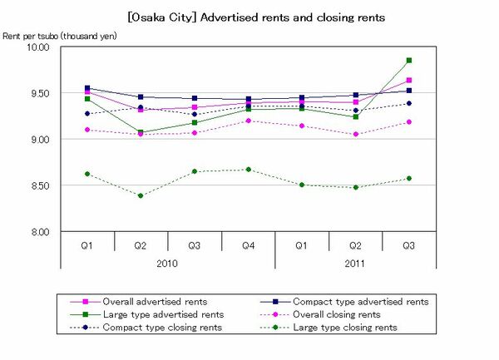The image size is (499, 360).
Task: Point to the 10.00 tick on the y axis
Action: tap(39, 47)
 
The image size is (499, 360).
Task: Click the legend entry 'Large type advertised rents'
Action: tap(161, 314)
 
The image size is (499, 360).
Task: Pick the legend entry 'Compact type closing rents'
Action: tap(159, 328)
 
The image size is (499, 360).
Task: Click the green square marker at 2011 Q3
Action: tap(408, 60)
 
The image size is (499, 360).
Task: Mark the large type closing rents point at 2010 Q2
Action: tap(141, 196)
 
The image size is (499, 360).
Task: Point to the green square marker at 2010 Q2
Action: tap(141, 132)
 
